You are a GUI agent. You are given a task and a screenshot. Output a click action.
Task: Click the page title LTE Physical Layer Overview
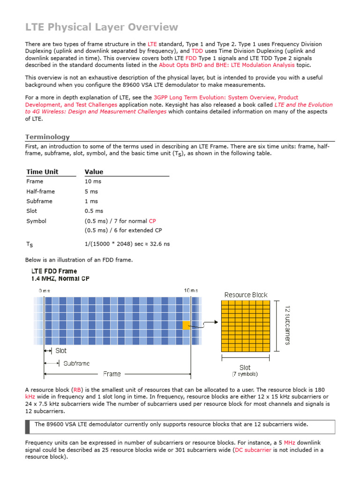coord(101,27)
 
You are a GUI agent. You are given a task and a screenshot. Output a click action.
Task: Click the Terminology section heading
coord(47,137)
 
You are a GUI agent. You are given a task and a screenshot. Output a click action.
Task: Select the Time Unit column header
coord(42,172)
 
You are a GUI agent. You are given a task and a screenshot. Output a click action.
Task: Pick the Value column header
coord(94,172)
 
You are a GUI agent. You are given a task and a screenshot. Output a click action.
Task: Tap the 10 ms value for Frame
coord(93,181)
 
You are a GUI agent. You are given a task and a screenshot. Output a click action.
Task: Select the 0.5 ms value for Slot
coord(94,211)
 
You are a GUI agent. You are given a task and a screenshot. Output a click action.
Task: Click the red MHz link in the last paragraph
coord(289,442)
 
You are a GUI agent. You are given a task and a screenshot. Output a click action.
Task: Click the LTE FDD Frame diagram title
coord(54,271)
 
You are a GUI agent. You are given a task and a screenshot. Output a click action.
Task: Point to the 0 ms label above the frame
coord(44,291)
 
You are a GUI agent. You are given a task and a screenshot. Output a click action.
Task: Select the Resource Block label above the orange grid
coord(246,295)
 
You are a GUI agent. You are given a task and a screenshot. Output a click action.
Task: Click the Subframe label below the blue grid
coord(76,363)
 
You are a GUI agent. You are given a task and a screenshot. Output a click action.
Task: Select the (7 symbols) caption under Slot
coord(245,374)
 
